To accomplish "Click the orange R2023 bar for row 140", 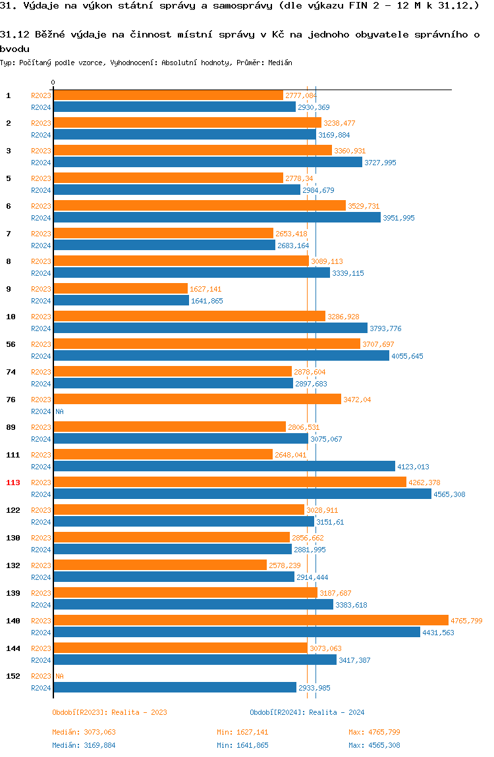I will point(250,620).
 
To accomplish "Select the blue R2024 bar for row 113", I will point(242,494).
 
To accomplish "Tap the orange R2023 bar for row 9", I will point(120,288).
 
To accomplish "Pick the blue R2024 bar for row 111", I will point(224,466).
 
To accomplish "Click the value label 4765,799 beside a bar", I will point(466,621).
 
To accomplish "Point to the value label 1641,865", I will point(207,301).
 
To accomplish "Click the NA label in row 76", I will point(59,411).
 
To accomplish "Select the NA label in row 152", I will point(59,676).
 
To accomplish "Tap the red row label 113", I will point(13,483).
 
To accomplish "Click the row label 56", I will point(11,344).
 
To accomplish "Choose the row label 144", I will point(13,648).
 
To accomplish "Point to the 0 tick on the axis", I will point(53,82).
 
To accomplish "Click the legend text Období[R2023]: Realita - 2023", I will point(109,712).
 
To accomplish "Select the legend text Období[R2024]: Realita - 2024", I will point(307,712).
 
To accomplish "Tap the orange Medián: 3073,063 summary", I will point(84,732).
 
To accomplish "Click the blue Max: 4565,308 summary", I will point(374,745).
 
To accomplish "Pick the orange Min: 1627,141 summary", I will point(242,732).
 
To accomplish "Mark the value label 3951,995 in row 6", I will point(398,218).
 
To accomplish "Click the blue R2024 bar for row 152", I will point(175,687).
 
